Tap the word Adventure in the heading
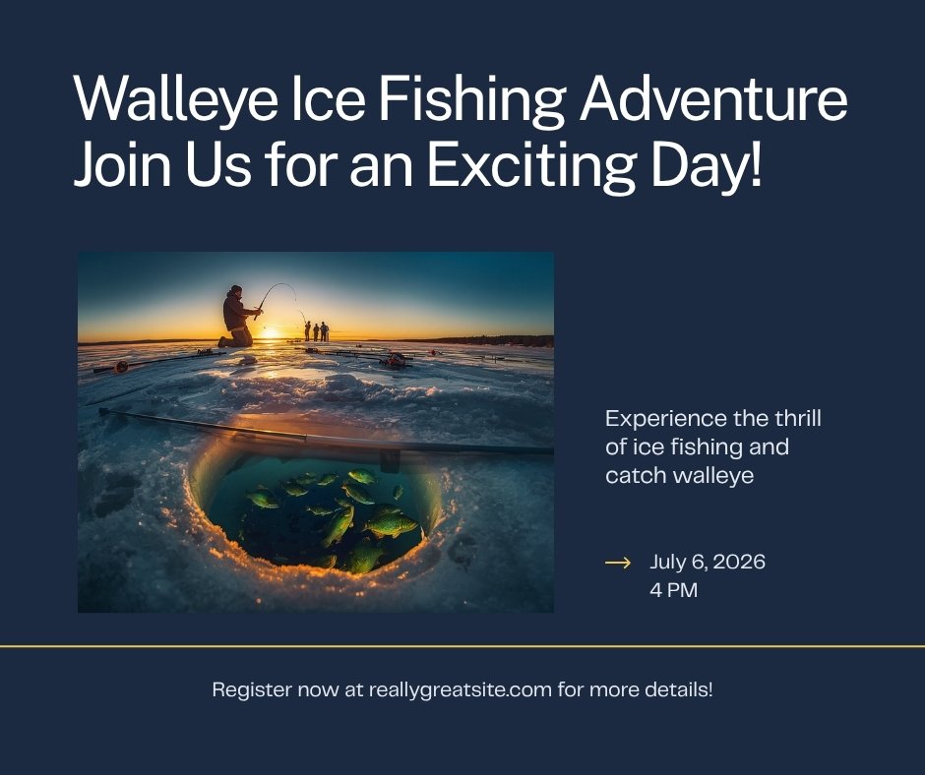pos(713,98)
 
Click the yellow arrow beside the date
pos(618,563)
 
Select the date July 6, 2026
pos(708,562)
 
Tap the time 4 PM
pos(674,590)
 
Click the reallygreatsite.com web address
pos(461,689)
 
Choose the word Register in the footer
pos(252,689)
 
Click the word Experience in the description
pos(666,419)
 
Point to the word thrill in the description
pos(798,418)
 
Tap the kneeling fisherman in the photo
pos(238,318)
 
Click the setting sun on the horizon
pos(271,333)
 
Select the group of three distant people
pos(316,330)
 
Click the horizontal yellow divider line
pos(462,646)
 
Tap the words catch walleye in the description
pos(680,475)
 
